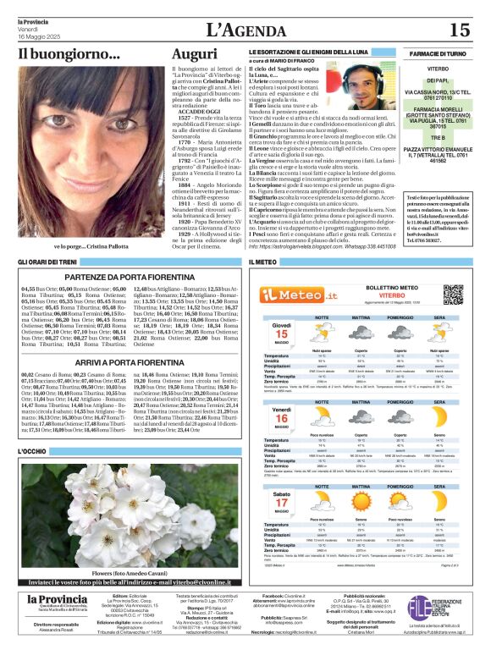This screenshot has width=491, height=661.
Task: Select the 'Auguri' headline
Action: coord(194,53)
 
